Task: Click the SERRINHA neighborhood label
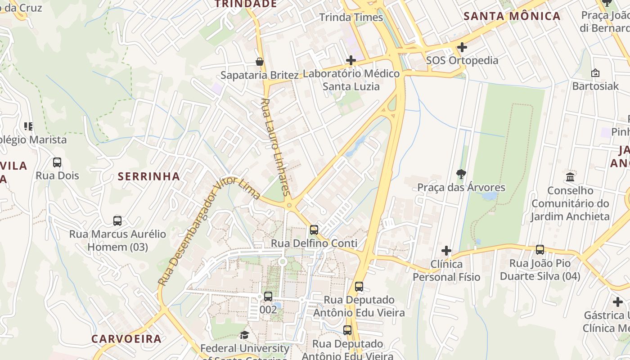click(149, 176)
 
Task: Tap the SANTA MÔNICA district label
click(512, 17)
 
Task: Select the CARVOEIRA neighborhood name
click(126, 339)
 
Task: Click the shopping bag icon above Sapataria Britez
click(260, 61)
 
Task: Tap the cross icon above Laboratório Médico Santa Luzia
click(351, 60)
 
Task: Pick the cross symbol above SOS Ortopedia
click(462, 47)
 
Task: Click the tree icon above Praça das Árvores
click(461, 174)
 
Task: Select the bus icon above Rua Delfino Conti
click(314, 229)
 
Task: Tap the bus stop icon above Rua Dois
click(57, 162)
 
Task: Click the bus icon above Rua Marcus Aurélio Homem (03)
click(117, 220)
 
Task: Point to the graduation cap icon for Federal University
click(244, 335)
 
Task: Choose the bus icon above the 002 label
click(268, 296)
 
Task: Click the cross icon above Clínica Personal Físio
click(446, 250)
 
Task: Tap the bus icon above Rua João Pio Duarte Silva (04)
click(540, 249)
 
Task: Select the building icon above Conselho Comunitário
click(571, 176)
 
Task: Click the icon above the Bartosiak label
click(595, 72)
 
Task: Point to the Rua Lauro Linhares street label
click(275, 146)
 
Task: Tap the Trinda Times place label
click(351, 18)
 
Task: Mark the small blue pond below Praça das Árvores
click(489, 196)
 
